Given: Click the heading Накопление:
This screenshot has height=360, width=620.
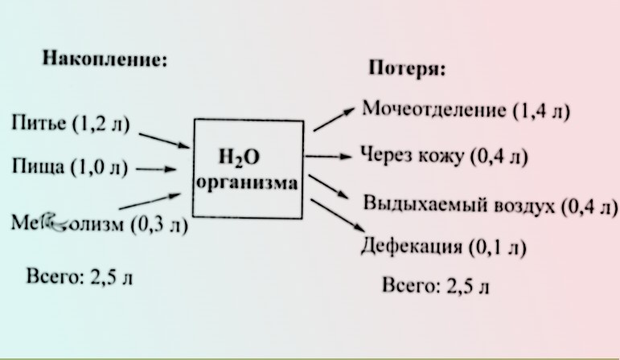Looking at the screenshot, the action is coord(105,59).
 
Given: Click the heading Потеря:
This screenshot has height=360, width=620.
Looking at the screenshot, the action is coord(407,67).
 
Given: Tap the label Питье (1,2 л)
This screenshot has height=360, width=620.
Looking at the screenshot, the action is coord(71,125).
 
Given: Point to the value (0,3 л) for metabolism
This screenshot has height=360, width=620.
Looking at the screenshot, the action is coord(158,224).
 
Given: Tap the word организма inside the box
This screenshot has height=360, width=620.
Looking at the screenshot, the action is coord(247,183).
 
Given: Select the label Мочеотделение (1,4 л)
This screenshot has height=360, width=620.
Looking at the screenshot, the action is coord(466,109).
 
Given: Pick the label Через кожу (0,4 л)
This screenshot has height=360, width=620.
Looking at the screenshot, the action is coord(444,155).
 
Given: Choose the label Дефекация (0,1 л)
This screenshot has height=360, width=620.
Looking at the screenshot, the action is coord(442,246).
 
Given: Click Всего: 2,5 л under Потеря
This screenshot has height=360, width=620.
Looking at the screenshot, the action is coord(435,285).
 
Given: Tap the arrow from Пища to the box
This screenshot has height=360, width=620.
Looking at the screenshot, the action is coord(157,170).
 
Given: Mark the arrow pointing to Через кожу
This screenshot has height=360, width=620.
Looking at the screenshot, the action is coord(331,157).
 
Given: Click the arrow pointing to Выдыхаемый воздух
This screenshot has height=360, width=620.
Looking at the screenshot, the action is coord(329,189).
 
